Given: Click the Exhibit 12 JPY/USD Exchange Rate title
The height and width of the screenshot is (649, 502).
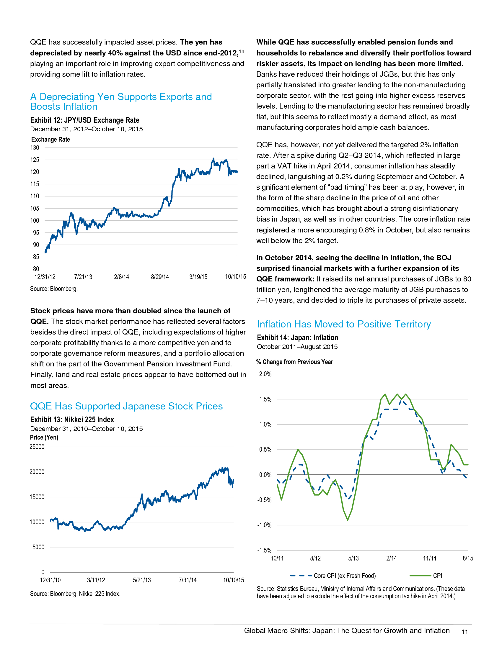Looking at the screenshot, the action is (85, 120).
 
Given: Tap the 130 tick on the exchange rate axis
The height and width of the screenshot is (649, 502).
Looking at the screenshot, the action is (35, 148).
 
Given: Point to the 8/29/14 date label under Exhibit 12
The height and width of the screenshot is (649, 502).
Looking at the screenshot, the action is (160, 277).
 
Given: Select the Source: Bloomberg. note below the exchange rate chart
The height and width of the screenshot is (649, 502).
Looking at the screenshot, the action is (54, 289).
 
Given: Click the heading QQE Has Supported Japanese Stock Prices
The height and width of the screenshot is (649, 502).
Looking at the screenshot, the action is (126, 406).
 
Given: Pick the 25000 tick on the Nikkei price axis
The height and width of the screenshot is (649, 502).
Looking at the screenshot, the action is (37, 447).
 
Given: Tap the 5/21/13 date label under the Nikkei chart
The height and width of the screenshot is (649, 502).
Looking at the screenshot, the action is (142, 580).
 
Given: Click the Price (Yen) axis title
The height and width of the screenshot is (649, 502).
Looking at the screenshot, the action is (44, 437).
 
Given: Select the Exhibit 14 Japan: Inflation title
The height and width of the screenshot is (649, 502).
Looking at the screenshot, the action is (297, 337).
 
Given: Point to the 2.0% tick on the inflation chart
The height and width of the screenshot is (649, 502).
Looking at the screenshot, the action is (265, 374).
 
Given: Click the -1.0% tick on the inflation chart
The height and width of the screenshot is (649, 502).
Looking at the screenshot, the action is (264, 525).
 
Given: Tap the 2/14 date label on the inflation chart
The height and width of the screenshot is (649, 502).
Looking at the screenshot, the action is (391, 558).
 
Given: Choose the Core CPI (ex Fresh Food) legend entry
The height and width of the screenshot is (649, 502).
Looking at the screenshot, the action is (333, 576).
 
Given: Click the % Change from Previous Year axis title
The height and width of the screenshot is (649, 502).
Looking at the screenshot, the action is (294, 362).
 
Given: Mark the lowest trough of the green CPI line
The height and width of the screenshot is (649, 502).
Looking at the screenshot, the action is (348, 520).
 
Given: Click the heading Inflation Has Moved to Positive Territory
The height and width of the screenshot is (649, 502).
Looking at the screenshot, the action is (344, 324).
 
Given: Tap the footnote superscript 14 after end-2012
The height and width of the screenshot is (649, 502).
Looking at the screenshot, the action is (242, 52).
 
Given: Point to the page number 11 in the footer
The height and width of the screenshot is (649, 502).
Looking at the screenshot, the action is (464, 632).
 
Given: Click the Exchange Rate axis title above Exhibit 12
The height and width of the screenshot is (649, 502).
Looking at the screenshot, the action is (50, 139).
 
